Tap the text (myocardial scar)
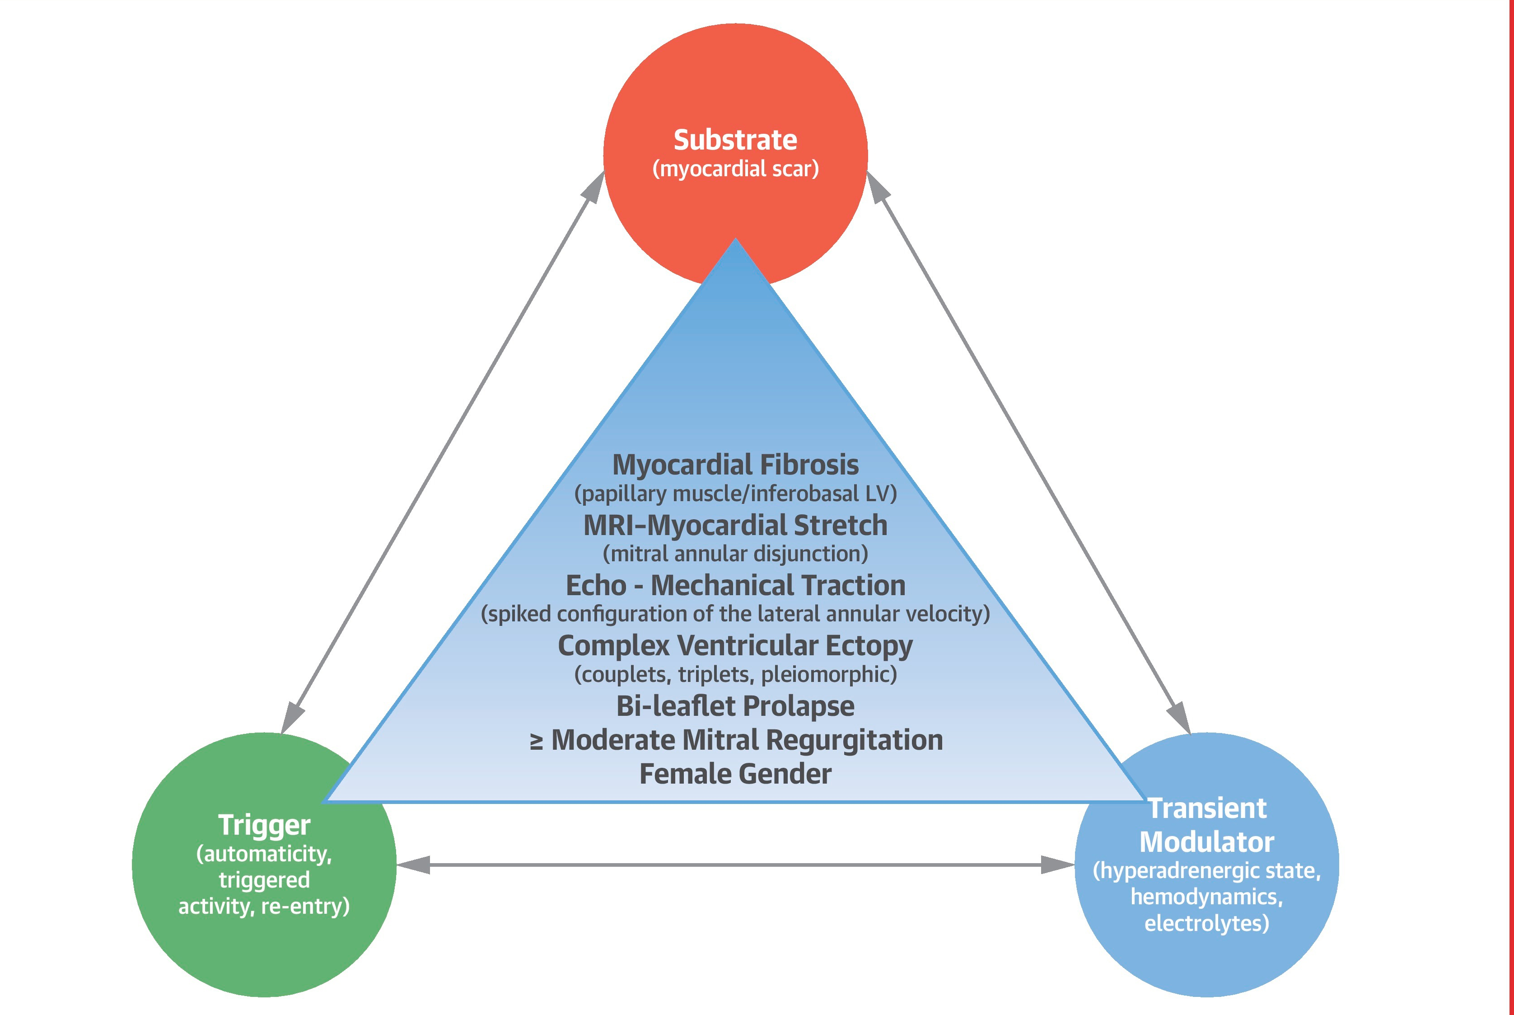pyautogui.click(x=736, y=169)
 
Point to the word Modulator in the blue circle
pyautogui.click(x=1207, y=842)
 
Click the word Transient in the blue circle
pyautogui.click(x=1207, y=808)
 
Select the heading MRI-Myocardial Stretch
pyautogui.click(x=736, y=526)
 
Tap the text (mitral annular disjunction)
pyautogui.click(x=736, y=554)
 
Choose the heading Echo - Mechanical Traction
pyautogui.click(x=736, y=585)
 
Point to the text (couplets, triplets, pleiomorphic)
pyautogui.click(x=736, y=675)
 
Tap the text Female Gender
pyautogui.click(x=736, y=774)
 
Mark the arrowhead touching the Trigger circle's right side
pyautogui.click(x=413, y=865)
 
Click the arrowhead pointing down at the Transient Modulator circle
pyautogui.click(x=1179, y=718)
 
